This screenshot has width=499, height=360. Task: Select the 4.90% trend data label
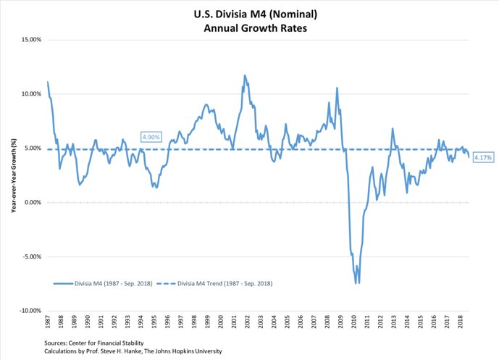point(151,137)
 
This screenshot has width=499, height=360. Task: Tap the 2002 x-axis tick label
point(248,319)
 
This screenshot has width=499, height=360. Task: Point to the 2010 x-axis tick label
point(356,319)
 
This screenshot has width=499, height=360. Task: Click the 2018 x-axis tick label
point(462,319)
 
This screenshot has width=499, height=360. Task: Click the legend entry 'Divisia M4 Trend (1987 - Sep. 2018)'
point(225,283)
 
